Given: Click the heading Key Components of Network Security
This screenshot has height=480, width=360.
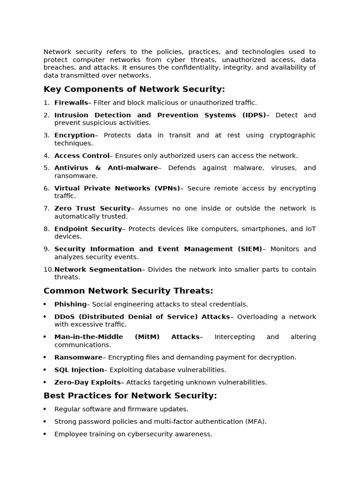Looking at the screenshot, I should (x=134, y=89).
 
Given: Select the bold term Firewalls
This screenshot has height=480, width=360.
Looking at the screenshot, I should (x=71, y=103).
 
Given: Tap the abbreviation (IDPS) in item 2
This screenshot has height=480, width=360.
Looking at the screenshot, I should (x=254, y=115).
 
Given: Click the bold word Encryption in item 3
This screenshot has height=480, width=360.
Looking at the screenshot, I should (x=75, y=135).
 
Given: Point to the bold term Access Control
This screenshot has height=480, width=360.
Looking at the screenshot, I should (x=82, y=156).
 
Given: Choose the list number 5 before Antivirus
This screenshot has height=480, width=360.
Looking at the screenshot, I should (x=46, y=168).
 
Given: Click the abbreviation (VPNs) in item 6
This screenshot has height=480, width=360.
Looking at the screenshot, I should (x=167, y=188).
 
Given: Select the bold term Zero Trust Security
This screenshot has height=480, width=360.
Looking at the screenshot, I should (x=92, y=208).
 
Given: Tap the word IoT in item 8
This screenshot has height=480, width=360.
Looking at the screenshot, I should (x=311, y=229).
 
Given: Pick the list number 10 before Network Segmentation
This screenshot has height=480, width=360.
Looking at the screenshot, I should (x=48, y=270).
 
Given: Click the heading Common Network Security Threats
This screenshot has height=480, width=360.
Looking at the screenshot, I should (x=128, y=291).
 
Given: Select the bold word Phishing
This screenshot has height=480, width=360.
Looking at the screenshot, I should (x=70, y=304).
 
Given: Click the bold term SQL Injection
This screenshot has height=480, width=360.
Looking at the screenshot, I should (x=79, y=370).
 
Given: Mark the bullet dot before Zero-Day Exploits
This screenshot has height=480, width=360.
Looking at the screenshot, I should (x=45, y=382).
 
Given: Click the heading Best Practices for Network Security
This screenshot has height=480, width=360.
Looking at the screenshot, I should (x=130, y=396).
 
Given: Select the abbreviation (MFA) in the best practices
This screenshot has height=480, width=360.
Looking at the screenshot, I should (x=255, y=421).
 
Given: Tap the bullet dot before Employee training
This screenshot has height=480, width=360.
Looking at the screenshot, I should (x=45, y=434).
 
